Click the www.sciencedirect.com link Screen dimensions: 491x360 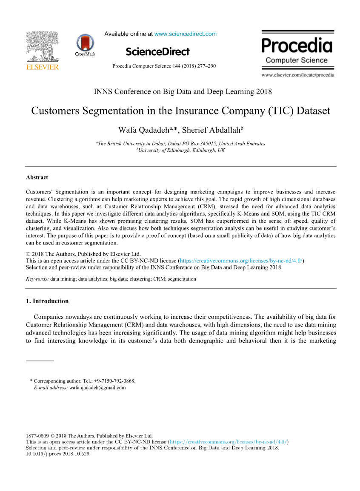tap(185, 34)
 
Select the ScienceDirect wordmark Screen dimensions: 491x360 tap(157, 52)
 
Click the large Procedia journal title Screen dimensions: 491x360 tap(297, 45)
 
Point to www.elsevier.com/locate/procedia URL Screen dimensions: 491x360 tap(298, 75)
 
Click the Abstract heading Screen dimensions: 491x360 tap(37, 177)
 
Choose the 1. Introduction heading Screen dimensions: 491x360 tap(47, 301)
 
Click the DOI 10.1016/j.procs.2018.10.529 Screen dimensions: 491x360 tap(57, 454)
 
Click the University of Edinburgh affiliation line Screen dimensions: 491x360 tap(180, 150)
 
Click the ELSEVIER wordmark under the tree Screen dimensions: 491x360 tap(42, 67)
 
